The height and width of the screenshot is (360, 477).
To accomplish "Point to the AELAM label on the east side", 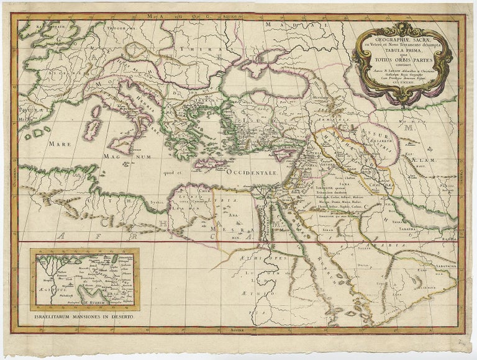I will click(x=424, y=160).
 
